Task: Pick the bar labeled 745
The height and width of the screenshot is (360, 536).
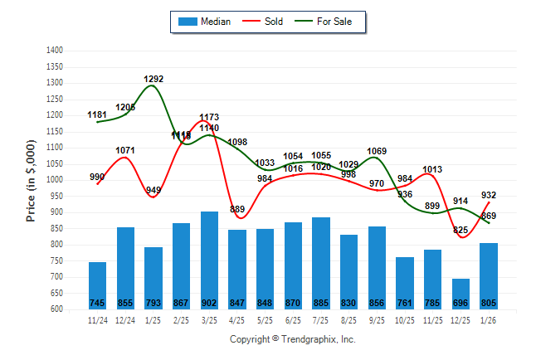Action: [98, 285]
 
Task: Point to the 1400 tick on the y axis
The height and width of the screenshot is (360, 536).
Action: [55, 51]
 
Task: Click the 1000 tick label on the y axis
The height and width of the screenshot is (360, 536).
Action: [55, 180]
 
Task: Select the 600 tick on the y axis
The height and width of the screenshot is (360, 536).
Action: [56, 309]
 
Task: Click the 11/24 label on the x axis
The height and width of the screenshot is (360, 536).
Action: [98, 319]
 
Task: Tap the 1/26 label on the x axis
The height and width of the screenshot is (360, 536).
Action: [488, 319]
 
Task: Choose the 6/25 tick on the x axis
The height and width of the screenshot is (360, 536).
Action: [293, 319]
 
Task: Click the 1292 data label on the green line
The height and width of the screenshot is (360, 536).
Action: [153, 80]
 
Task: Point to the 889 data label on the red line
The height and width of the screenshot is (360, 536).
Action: [237, 209]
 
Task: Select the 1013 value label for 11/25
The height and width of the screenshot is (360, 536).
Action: [432, 169]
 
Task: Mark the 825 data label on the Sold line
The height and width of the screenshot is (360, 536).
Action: [460, 230]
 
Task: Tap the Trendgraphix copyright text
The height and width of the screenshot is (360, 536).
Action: [292, 339]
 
